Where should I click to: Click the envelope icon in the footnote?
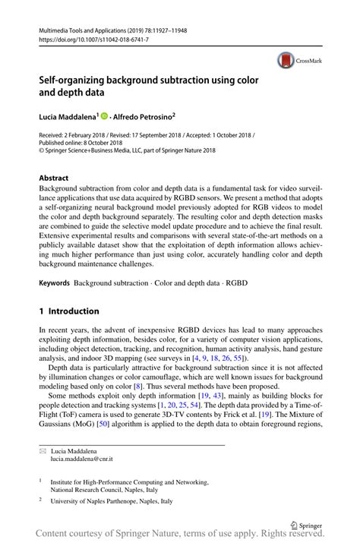[x=43, y=451]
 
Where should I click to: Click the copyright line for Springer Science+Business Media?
[x=127, y=151]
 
